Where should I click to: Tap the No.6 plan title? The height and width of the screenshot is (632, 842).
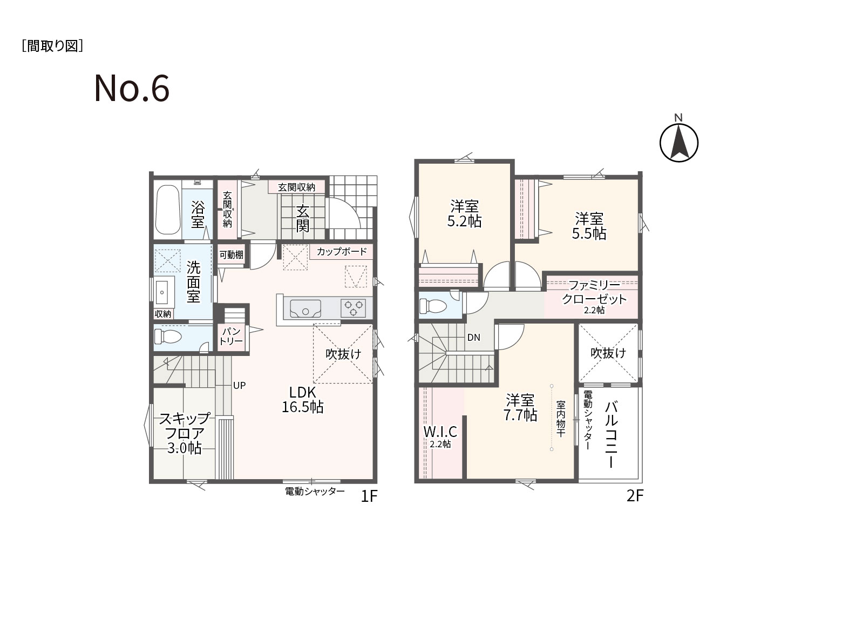(x=132, y=88)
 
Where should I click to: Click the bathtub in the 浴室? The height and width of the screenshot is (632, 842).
(x=168, y=210)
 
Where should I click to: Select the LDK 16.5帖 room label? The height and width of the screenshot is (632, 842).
(x=303, y=400)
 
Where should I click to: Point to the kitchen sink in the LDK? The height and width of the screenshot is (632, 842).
(x=305, y=308)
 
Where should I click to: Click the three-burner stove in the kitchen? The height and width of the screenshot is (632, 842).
(x=354, y=308)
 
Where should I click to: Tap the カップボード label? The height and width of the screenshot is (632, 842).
(x=342, y=252)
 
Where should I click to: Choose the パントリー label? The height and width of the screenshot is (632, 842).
(x=231, y=336)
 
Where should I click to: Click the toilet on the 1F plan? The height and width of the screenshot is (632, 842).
(x=168, y=337)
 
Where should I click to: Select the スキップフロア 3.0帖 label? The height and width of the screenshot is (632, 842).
(x=185, y=433)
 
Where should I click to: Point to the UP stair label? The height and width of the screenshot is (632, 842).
(x=239, y=386)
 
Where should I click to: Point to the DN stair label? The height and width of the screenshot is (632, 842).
(x=474, y=337)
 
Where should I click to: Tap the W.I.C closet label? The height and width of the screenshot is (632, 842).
(x=440, y=436)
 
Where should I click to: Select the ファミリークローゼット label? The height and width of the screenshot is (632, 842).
(x=594, y=297)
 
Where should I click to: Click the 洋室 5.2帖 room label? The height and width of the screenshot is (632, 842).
(x=464, y=214)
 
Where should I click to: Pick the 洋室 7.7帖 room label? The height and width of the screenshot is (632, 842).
(x=520, y=407)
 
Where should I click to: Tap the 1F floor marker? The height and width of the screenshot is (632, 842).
(x=369, y=496)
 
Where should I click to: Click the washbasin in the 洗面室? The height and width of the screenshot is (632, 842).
(x=162, y=292)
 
